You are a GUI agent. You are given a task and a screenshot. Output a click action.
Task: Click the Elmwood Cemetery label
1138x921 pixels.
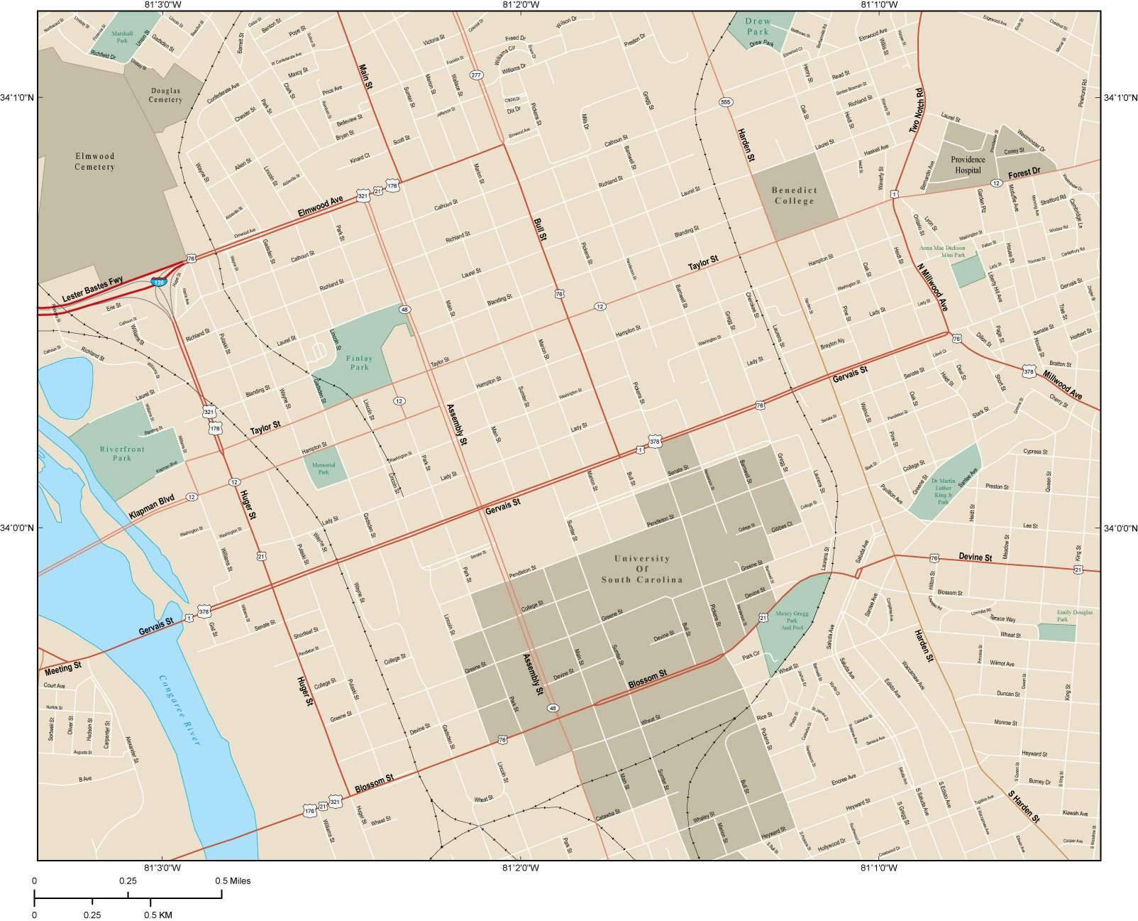tap(94, 161)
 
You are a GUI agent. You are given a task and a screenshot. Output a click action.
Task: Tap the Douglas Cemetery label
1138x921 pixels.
tap(165, 95)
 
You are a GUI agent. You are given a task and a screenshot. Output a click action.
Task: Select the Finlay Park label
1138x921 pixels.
tap(359, 363)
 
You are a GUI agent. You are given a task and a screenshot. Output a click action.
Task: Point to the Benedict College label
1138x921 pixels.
tap(795, 195)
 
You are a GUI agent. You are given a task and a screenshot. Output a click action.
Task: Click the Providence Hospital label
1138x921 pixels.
tap(968, 165)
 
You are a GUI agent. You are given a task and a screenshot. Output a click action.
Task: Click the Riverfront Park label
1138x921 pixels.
tap(122, 454)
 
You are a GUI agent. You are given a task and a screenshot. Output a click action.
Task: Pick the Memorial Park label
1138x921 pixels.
tap(323, 468)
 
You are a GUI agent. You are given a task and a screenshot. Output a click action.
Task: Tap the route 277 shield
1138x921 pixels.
tap(476, 75)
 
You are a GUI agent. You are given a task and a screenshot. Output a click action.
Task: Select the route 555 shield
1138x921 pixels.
tap(724, 102)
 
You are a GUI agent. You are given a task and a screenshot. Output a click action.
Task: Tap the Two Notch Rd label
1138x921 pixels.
tap(916, 111)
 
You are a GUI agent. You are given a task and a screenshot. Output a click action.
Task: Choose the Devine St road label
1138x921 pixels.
tap(975, 557)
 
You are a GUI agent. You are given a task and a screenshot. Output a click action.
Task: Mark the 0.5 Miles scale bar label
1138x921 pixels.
tap(233, 881)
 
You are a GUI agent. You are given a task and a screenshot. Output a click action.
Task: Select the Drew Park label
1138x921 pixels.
tap(757, 27)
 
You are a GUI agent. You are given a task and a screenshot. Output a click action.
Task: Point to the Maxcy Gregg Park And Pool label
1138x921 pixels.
tap(790, 619)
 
